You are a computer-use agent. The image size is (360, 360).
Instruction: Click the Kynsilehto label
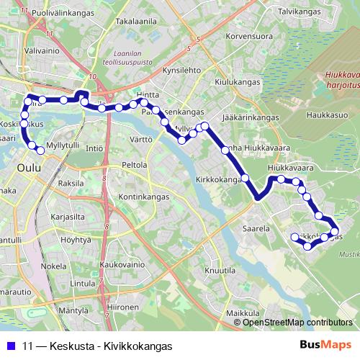[181, 71]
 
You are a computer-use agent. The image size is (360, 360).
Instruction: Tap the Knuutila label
[220, 270]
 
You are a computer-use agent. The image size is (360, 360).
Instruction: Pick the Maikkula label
[242, 314]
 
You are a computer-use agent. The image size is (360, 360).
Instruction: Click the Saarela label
[256, 228]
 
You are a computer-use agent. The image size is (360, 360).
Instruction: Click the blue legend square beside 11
[9, 346]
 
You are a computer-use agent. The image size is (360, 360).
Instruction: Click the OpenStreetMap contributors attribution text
[297, 323]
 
